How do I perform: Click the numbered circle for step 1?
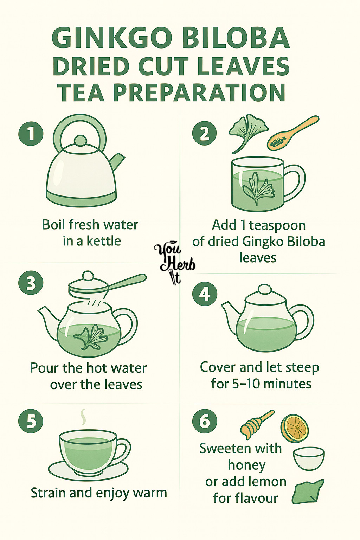[31, 134]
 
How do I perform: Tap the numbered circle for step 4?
[205, 294]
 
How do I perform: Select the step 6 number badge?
[205, 421]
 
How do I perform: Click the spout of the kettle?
[117, 161]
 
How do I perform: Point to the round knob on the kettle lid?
[80, 141]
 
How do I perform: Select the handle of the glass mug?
[295, 183]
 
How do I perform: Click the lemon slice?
[294, 428]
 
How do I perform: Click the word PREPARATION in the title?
[199, 92]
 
